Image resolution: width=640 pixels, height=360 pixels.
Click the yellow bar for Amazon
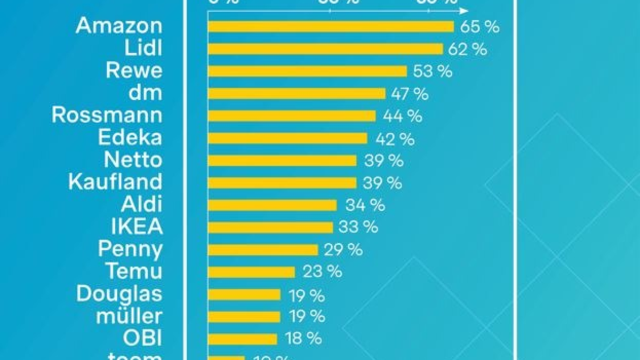331,27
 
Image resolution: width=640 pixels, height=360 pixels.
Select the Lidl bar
325,49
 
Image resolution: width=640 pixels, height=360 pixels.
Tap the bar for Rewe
307,71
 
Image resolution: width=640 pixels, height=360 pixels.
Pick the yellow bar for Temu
251,272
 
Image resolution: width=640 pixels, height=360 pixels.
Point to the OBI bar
243,339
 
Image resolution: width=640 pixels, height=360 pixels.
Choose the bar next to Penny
263,250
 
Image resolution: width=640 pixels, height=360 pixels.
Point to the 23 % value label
322,271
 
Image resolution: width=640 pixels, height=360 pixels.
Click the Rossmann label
107,115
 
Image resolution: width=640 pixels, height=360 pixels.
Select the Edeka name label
130,138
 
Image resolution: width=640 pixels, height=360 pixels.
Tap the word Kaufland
115,182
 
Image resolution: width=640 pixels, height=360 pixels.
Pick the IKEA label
137,227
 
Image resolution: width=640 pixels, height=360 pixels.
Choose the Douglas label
119,293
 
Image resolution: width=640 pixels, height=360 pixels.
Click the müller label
129,316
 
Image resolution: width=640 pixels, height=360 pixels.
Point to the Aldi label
141,204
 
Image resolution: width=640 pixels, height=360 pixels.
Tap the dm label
145,93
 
